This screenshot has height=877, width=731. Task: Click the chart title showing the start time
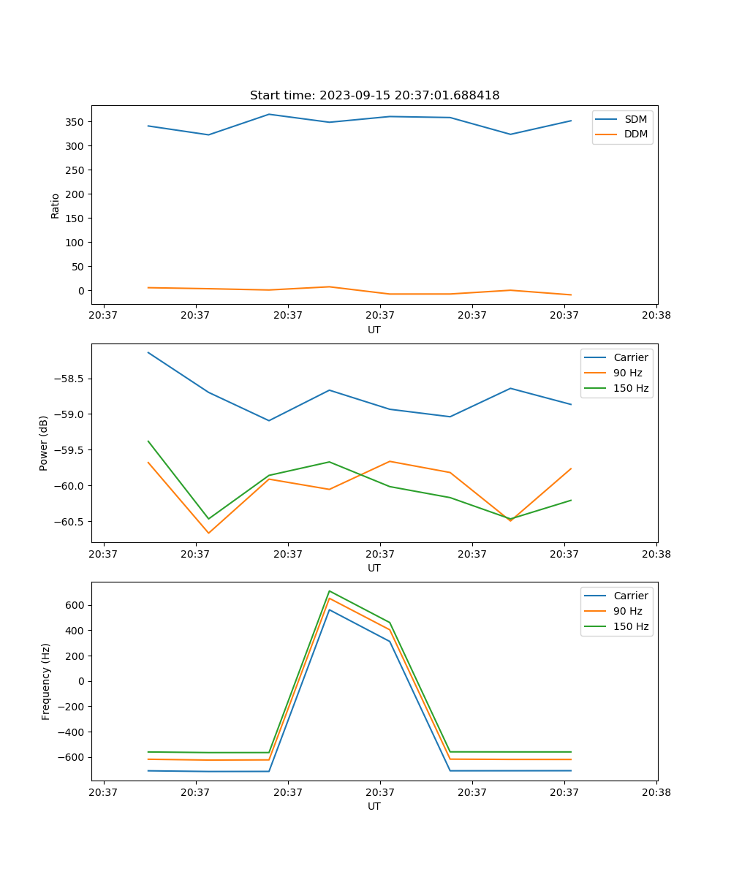[x=374, y=96]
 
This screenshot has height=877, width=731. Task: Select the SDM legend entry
[x=635, y=118]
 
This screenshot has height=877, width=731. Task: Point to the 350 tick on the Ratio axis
[x=77, y=122]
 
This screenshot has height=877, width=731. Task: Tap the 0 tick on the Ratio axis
[x=82, y=291]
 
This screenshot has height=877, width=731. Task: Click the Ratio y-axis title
[x=56, y=206]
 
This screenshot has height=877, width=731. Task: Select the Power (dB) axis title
[x=44, y=443]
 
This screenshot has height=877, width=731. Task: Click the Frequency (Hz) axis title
[x=45, y=681]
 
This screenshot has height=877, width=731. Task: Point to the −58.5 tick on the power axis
[x=69, y=379]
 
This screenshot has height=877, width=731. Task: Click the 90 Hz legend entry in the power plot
[x=628, y=373]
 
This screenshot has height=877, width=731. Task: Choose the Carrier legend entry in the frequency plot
[x=630, y=596]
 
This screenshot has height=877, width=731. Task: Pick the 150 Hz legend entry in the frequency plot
[x=631, y=626]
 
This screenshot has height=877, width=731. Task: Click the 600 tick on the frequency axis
[x=77, y=605]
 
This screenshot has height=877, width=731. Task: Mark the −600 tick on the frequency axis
[x=73, y=757]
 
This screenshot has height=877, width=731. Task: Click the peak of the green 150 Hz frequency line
[x=330, y=591]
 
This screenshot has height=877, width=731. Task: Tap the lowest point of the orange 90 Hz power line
[x=208, y=533]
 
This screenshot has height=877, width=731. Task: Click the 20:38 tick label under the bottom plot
[x=656, y=791]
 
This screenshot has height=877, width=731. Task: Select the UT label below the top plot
[x=374, y=330]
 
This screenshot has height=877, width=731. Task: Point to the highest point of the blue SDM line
[x=269, y=114]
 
